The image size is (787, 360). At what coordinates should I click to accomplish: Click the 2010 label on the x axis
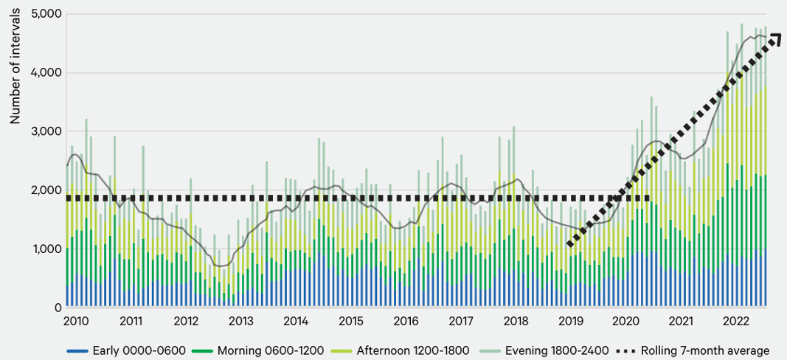click(x=76, y=322)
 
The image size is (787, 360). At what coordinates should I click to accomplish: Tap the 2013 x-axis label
click(x=241, y=322)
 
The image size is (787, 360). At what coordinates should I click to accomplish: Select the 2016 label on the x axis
click(x=406, y=322)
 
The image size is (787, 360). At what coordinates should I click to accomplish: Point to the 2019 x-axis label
click(x=571, y=322)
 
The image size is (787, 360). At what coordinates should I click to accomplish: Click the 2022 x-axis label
click(x=736, y=322)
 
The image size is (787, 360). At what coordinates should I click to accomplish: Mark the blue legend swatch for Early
click(x=78, y=350)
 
